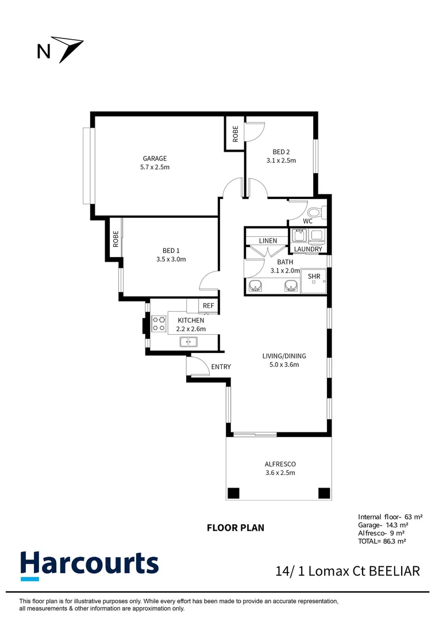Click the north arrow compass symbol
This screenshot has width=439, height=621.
[x=68, y=48]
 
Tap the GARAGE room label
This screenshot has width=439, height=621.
[x=155, y=159]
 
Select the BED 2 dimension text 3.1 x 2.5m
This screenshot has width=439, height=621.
[x=281, y=160]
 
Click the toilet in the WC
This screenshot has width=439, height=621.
[x=317, y=213]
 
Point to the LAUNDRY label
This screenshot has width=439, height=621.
[x=308, y=249]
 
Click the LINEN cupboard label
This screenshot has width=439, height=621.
[x=268, y=241]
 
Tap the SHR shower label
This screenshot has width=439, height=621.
[x=314, y=277]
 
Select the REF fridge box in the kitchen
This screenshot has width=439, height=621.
[x=208, y=306]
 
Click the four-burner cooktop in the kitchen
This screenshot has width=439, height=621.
[x=159, y=323]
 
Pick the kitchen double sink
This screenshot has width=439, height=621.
[x=188, y=342]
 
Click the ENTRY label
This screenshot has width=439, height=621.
[x=221, y=367]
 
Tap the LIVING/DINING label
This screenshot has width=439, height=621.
[x=284, y=356]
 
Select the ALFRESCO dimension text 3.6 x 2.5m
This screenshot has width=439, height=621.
[x=280, y=473]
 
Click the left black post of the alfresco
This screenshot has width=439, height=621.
[x=233, y=493]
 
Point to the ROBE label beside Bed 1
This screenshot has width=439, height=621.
[x=115, y=239]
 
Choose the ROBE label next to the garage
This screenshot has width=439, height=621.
[x=236, y=134]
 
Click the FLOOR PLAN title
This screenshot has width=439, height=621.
[x=236, y=527]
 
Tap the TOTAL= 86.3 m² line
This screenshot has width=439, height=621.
[x=382, y=541]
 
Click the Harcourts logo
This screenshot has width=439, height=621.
[x=90, y=566]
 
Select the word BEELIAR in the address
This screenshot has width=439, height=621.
[x=394, y=571]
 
